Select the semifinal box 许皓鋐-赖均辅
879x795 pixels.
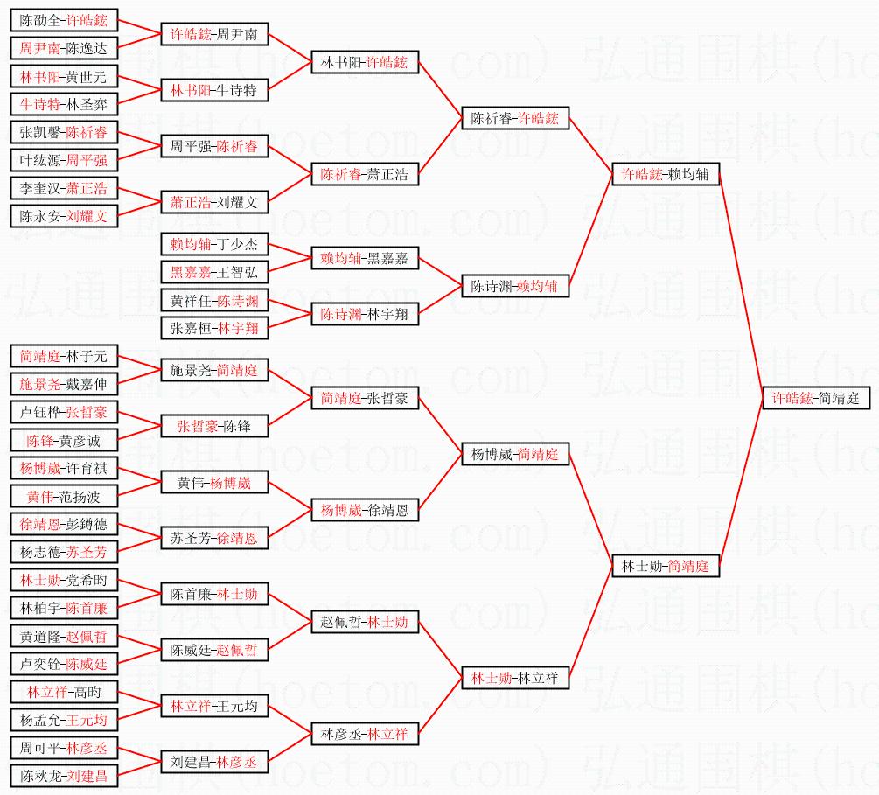pyautogui.click(x=666, y=175)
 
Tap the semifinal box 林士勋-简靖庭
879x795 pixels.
pyautogui.click(x=665, y=566)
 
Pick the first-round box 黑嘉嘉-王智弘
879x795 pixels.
pyautogui.click(x=214, y=272)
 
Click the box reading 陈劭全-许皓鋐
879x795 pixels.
pyautogui.click(x=64, y=20)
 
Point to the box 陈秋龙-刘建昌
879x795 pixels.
pyautogui.click(x=64, y=776)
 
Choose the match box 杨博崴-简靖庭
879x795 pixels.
pyautogui.click(x=515, y=454)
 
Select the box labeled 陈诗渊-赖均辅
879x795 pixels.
pyautogui.click(x=515, y=286)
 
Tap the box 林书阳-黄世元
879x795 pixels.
pyautogui.click(x=64, y=77)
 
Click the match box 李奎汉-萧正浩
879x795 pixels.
pyautogui.click(x=64, y=188)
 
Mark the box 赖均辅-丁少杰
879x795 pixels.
pyautogui.click(x=214, y=244)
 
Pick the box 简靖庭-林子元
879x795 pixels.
pyautogui.click(x=64, y=356)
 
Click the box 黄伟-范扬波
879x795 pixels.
pyautogui.click(x=64, y=497)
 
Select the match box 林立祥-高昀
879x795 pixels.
pyautogui.click(x=64, y=692)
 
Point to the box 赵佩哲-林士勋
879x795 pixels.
pyautogui.click(x=365, y=622)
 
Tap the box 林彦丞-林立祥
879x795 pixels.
pyautogui.click(x=365, y=734)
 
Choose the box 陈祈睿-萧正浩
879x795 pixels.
pyautogui.click(x=365, y=174)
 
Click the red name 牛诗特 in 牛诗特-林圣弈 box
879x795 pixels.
pyautogui.click(x=40, y=105)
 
